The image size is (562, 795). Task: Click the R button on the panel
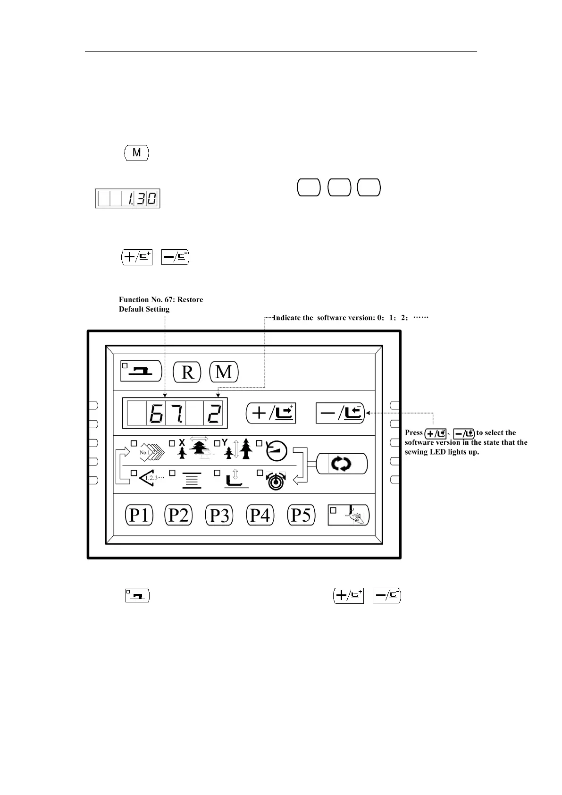click(x=187, y=372)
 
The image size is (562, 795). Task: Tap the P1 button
click(x=139, y=515)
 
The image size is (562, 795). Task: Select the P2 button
click(x=178, y=515)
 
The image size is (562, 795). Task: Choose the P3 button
click(x=219, y=515)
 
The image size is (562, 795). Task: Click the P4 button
click(x=260, y=515)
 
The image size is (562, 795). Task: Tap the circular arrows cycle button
click(x=341, y=464)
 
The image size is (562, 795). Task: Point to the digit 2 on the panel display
click(x=214, y=414)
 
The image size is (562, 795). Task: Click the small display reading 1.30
click(x=127, y=199)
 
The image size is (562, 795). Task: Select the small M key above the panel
click(x=136, y=153)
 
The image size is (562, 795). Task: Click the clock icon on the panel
click(x=277, y=451)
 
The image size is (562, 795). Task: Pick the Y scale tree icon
click(x=240, y=448)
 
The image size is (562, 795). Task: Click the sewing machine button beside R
click(x=141, y=372)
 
